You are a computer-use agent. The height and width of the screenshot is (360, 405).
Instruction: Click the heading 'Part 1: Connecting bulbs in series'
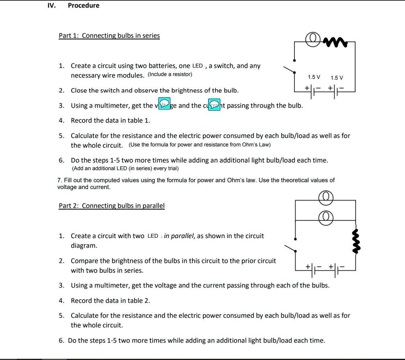click(109, 35)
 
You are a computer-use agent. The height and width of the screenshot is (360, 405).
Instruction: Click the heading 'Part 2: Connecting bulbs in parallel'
click(112, 206)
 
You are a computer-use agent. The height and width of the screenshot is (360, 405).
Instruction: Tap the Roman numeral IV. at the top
click(51, 5)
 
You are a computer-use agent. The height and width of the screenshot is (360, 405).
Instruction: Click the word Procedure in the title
click(84, 5)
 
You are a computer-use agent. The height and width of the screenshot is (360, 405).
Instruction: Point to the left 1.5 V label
click(314, 77)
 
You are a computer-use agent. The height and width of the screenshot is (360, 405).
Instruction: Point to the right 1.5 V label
click(337, 78)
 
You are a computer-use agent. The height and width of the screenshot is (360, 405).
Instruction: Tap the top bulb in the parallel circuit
click(326, 197)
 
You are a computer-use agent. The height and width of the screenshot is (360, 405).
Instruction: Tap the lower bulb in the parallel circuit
click(326, 217)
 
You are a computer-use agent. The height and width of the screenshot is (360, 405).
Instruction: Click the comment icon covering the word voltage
click(164, 103)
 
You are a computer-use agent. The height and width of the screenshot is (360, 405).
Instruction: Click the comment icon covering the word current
click(214, 104)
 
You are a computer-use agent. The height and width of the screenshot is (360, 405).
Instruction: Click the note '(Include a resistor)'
click(170, 74)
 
